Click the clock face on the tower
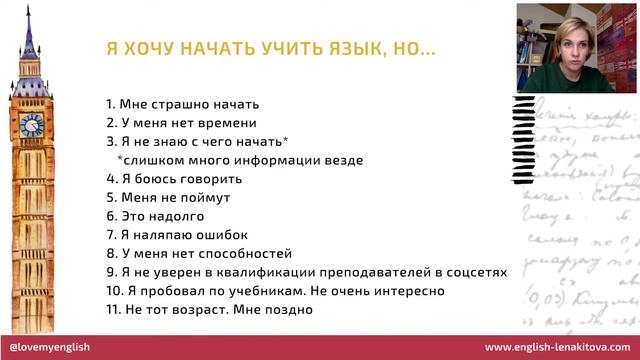click(31, 123)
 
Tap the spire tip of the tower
click(29, 7)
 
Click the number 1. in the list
click(110, 104)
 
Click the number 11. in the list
click(112, 310)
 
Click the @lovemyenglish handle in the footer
click(55, 347)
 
